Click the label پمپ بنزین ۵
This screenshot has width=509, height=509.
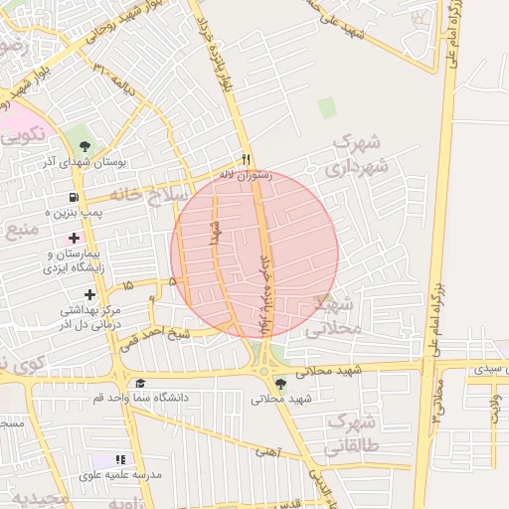click(75, 213)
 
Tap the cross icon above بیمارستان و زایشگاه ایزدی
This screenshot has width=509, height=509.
click(74, 238)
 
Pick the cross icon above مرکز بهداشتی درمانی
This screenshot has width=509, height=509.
click(90, 294)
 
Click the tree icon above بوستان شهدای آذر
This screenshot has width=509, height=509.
click(87, 145)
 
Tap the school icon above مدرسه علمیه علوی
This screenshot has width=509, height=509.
click(120, 460)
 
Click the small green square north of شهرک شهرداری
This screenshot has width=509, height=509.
click(327, 107)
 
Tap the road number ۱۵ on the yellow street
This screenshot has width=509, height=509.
click(127, 285)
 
